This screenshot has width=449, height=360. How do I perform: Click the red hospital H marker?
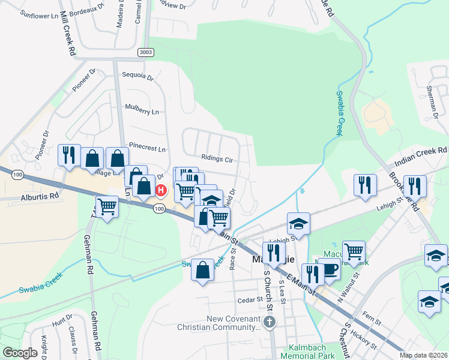pyautogui.click(x=160, y=191)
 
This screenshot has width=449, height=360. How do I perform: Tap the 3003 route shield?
pyautogui.click(x=145, y=52)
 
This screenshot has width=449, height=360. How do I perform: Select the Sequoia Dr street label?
pyautogui.click(x=138, y=77)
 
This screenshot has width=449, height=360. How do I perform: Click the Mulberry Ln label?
pyautogui.click(x=142, y=112)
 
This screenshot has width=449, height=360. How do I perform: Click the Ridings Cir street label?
pyautogui.click(x=217, y=159)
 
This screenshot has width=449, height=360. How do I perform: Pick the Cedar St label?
pyautogui.click(x=246, y=300)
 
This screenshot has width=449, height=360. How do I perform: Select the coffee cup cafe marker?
pyautogui.click(x=329, y=270)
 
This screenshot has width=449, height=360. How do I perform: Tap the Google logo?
pyautogui.click(x=20, y=353)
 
